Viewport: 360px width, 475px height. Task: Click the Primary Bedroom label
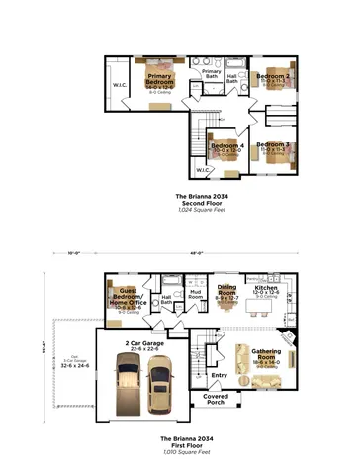160,79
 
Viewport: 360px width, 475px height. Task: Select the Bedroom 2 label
272,76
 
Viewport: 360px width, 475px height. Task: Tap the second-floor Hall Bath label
233,77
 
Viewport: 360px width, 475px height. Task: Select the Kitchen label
266,287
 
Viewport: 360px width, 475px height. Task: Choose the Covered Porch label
216,399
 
